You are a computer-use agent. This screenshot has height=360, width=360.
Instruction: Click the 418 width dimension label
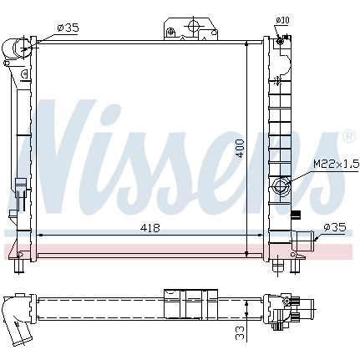(150, 228)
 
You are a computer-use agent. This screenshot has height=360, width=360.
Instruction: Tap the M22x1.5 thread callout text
(337, 164)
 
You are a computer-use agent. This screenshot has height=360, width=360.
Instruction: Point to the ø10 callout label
(282, 20)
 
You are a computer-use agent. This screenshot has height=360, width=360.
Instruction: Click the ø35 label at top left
(68, 28)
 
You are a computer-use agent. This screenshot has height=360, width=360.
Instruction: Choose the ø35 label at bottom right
(335, 228)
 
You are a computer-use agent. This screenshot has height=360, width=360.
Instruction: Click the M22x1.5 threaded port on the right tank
(281, 186)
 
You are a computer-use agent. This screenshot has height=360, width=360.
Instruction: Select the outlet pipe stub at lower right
(303, 241)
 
